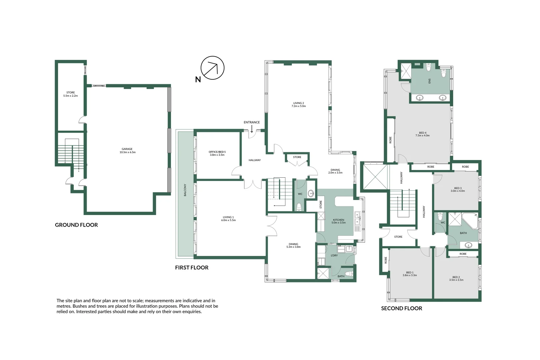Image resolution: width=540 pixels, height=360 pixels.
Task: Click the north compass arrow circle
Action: (x=212, y=68)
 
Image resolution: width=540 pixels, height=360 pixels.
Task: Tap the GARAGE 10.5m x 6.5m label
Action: (x=127, y=151)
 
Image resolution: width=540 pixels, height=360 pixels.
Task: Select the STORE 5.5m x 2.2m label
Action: (x=70, y=94)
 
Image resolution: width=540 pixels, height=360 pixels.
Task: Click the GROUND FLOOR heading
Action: (x=76, y=225)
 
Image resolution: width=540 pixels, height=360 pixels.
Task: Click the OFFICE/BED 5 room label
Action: (x=217, y=153)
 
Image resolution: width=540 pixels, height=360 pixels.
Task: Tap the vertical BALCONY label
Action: (x=185, y=190)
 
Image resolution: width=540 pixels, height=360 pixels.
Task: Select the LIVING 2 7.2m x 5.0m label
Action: (x=299, y=105)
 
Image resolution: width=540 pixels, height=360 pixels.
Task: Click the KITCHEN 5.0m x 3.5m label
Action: (x=338, y=221)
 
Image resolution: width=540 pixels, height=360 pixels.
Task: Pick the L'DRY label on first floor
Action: (x=334, y=255)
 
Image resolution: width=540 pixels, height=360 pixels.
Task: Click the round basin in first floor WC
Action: (x=311, y=193)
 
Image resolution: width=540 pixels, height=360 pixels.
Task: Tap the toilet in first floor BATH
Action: (x=349, y=274)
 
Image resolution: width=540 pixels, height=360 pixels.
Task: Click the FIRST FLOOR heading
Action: (x=192, y=268)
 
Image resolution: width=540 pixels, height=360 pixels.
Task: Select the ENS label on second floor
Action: (x=430, y=81)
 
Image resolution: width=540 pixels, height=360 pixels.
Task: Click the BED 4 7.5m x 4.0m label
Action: (x=422, y=134)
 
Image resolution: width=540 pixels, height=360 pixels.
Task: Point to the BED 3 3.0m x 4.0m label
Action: (x=458, y=189)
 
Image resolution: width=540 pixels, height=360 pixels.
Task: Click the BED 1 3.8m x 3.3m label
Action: (x=410, y=274)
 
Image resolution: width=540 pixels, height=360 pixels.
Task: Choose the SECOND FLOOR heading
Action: (x=401, y=308)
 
